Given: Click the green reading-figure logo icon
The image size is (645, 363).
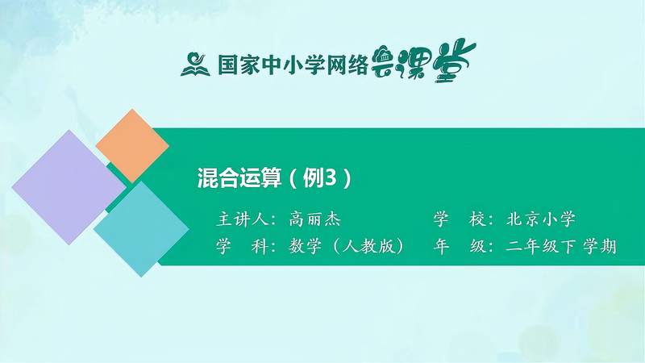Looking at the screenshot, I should (x=197, y=63).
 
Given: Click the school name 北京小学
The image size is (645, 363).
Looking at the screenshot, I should (x=541, y=219).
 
